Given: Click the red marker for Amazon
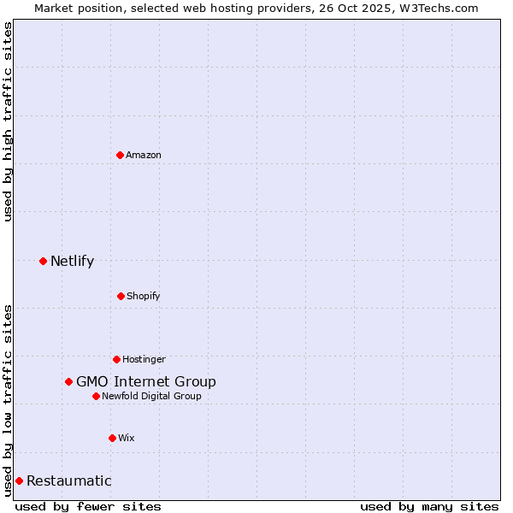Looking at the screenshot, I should coord(120,155).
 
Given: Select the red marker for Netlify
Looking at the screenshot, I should coord(43,261).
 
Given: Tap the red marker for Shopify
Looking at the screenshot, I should coord(121,296).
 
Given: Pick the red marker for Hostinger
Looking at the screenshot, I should coord(116,359).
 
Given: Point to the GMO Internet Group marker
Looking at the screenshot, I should coord(68,381).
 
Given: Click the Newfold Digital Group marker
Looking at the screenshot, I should coord(96,396).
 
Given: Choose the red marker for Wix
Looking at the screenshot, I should coord(112,438).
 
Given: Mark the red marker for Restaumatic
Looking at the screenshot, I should coord(19,481).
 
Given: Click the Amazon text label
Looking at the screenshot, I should coord(144,155).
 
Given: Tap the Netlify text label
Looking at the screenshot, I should coord(72,261).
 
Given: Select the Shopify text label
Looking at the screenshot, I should coord(144,296).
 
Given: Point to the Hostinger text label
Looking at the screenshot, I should coord(144,359).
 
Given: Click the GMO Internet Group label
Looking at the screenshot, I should coord(146,381).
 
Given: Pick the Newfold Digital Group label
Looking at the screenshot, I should coord(151,396).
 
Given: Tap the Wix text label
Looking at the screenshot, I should coord(126,438).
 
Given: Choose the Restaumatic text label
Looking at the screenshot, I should coord(68,481).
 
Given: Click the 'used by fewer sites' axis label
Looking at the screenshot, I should coord(88,506).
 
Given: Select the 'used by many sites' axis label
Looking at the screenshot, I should coord(429,506).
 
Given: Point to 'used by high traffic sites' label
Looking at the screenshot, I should coord(8,121).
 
